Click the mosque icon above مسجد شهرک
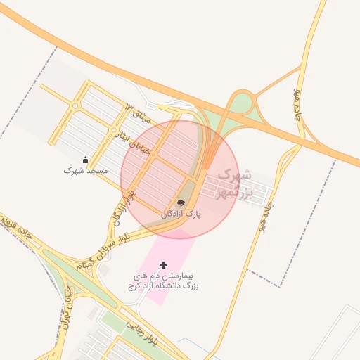pyautogui.click(x=86, y=160)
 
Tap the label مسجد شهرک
pyautogui.click(x=86, y=170)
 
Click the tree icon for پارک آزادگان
pyautogui.click(x=181, y=203)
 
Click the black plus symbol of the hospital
pyautogui.click(x=164, y=265)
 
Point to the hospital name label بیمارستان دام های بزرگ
pyautogui.click(x=164, y=281)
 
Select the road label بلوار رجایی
pyautogui.click(x=141, y=333)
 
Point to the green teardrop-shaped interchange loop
pyautogui.click(x=241, y=104)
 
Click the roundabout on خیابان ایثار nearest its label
pyautogui.click(x=113, y=131)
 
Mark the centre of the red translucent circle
pyautogui.click(x=180, y=179)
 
